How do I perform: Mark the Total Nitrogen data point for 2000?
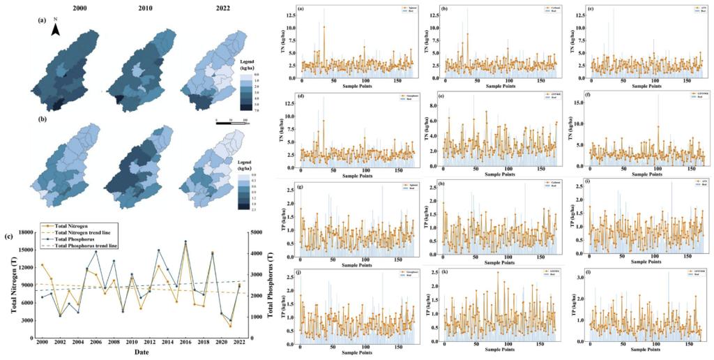[42, 265]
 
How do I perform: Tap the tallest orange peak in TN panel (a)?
[324, 27]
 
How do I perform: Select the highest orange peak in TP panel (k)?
[498, 272]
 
